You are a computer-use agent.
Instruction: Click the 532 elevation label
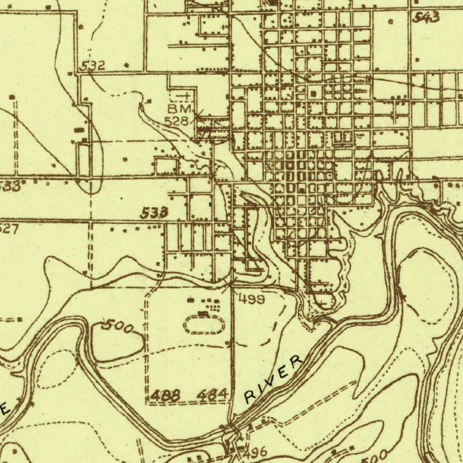93,66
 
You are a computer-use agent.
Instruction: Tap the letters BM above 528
180,109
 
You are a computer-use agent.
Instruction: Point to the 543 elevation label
426,18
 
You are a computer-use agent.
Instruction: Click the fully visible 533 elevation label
155,213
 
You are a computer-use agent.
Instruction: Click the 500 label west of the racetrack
117,326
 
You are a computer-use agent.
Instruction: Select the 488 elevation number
165,396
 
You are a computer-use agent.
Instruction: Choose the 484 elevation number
212,395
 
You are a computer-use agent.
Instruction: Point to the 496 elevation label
256,452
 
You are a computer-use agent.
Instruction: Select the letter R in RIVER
250,397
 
